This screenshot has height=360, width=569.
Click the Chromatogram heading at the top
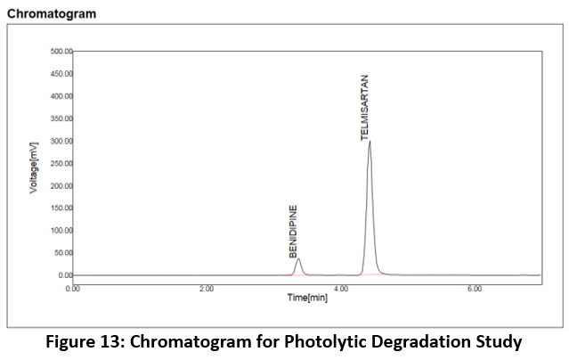tap(52, 14)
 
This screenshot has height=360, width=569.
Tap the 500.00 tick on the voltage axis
tap(61, 52)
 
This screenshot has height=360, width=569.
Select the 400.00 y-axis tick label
tap(61, 96)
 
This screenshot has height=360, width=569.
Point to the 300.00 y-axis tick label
tap(61, 141)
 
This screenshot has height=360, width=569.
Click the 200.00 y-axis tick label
tap(61, 185)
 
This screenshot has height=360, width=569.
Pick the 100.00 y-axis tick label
tap(61, 230)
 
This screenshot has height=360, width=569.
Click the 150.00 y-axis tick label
tap(61, 208)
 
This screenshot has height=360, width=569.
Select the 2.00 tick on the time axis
tap(207, 288)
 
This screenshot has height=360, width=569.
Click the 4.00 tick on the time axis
tap(340, 288)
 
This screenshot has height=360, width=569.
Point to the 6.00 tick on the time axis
tap(474, 288)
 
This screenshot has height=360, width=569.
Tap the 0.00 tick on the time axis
tap(73, 288)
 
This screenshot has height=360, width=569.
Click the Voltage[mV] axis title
tap(34, 164)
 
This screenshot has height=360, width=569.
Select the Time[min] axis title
tap(306, 298)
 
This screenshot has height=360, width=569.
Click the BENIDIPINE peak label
tap(293, 231)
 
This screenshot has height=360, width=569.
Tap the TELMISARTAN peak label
tap(363, 108)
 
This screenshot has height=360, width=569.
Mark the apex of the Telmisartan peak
tap(369, 141)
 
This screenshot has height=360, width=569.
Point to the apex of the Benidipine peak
tap(298, 259)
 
